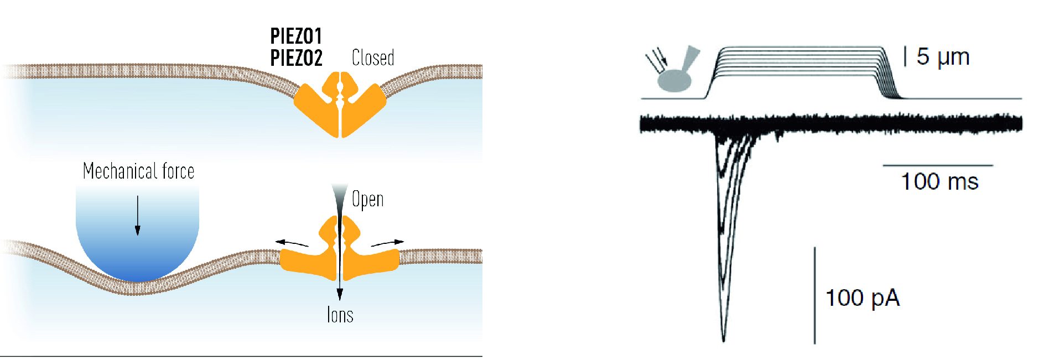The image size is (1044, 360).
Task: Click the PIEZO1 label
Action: pos(296,36)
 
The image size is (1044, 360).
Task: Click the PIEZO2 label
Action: pos(296,58)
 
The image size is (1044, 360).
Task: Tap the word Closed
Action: pos(373,58)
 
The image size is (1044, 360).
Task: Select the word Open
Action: pos(368,199)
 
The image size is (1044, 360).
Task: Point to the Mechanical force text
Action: pos(138,171)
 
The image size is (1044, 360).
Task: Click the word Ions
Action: pos(340,315)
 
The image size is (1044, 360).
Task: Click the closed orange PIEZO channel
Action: pos(340,105)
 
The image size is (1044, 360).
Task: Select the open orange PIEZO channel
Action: pos(340,249)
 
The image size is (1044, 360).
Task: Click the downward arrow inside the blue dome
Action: pos(138,216)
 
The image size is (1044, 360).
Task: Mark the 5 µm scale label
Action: pos(943,56)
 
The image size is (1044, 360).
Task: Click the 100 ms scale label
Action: pos(939,181)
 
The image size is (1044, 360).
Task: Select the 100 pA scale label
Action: pos(863,298)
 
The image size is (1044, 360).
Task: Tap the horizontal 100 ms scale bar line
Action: pos(938,165)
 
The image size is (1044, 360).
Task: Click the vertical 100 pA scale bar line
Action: pos(814,295)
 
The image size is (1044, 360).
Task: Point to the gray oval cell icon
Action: pos(675,81)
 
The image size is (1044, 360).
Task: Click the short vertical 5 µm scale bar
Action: pos(905,56)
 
